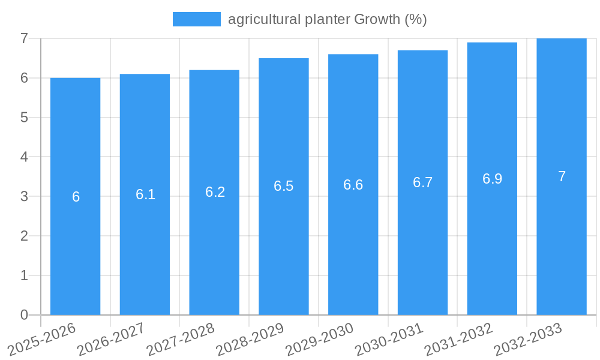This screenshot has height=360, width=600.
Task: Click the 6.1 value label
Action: [x=145, y=194]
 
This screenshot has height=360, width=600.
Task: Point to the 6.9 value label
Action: [x=492, y=179]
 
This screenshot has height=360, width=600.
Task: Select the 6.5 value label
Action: [x=283, y=186]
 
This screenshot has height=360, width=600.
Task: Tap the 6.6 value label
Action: [x=353, y=185]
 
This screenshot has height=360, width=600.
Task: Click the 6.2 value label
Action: [x=215, y=192]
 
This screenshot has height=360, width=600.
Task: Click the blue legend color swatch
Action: [x=196, y=19]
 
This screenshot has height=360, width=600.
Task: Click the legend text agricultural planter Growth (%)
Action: [x=327, y=19]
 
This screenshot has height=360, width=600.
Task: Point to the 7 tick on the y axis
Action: [x=24, y=38]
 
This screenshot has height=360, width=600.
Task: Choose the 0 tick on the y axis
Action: [x=24, y=315]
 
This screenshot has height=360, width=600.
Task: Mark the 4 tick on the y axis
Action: [x=24, y=157]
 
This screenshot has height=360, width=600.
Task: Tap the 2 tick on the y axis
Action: [x=24, y=236]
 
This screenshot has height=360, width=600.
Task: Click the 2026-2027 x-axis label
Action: [x=111, y=338]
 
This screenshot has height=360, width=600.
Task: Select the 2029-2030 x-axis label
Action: [x=319, y=338]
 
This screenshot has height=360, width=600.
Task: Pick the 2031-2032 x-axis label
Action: [x=458, y=338]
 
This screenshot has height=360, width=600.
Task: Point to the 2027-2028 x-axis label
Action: [x=181, y=338]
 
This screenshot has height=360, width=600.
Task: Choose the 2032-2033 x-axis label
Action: [x=528, y=338]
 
